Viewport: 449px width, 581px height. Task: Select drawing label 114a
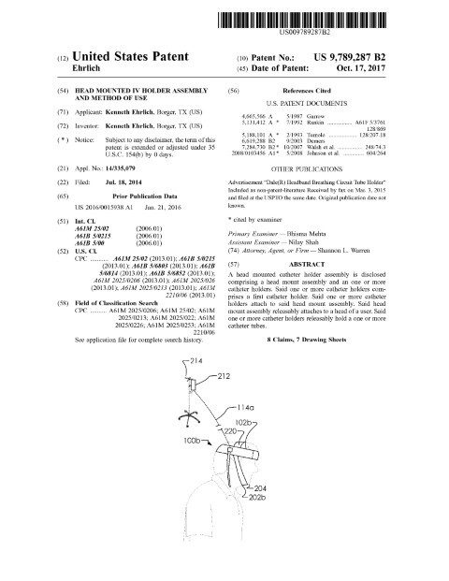pyautogui.click(x=247, y=434)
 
